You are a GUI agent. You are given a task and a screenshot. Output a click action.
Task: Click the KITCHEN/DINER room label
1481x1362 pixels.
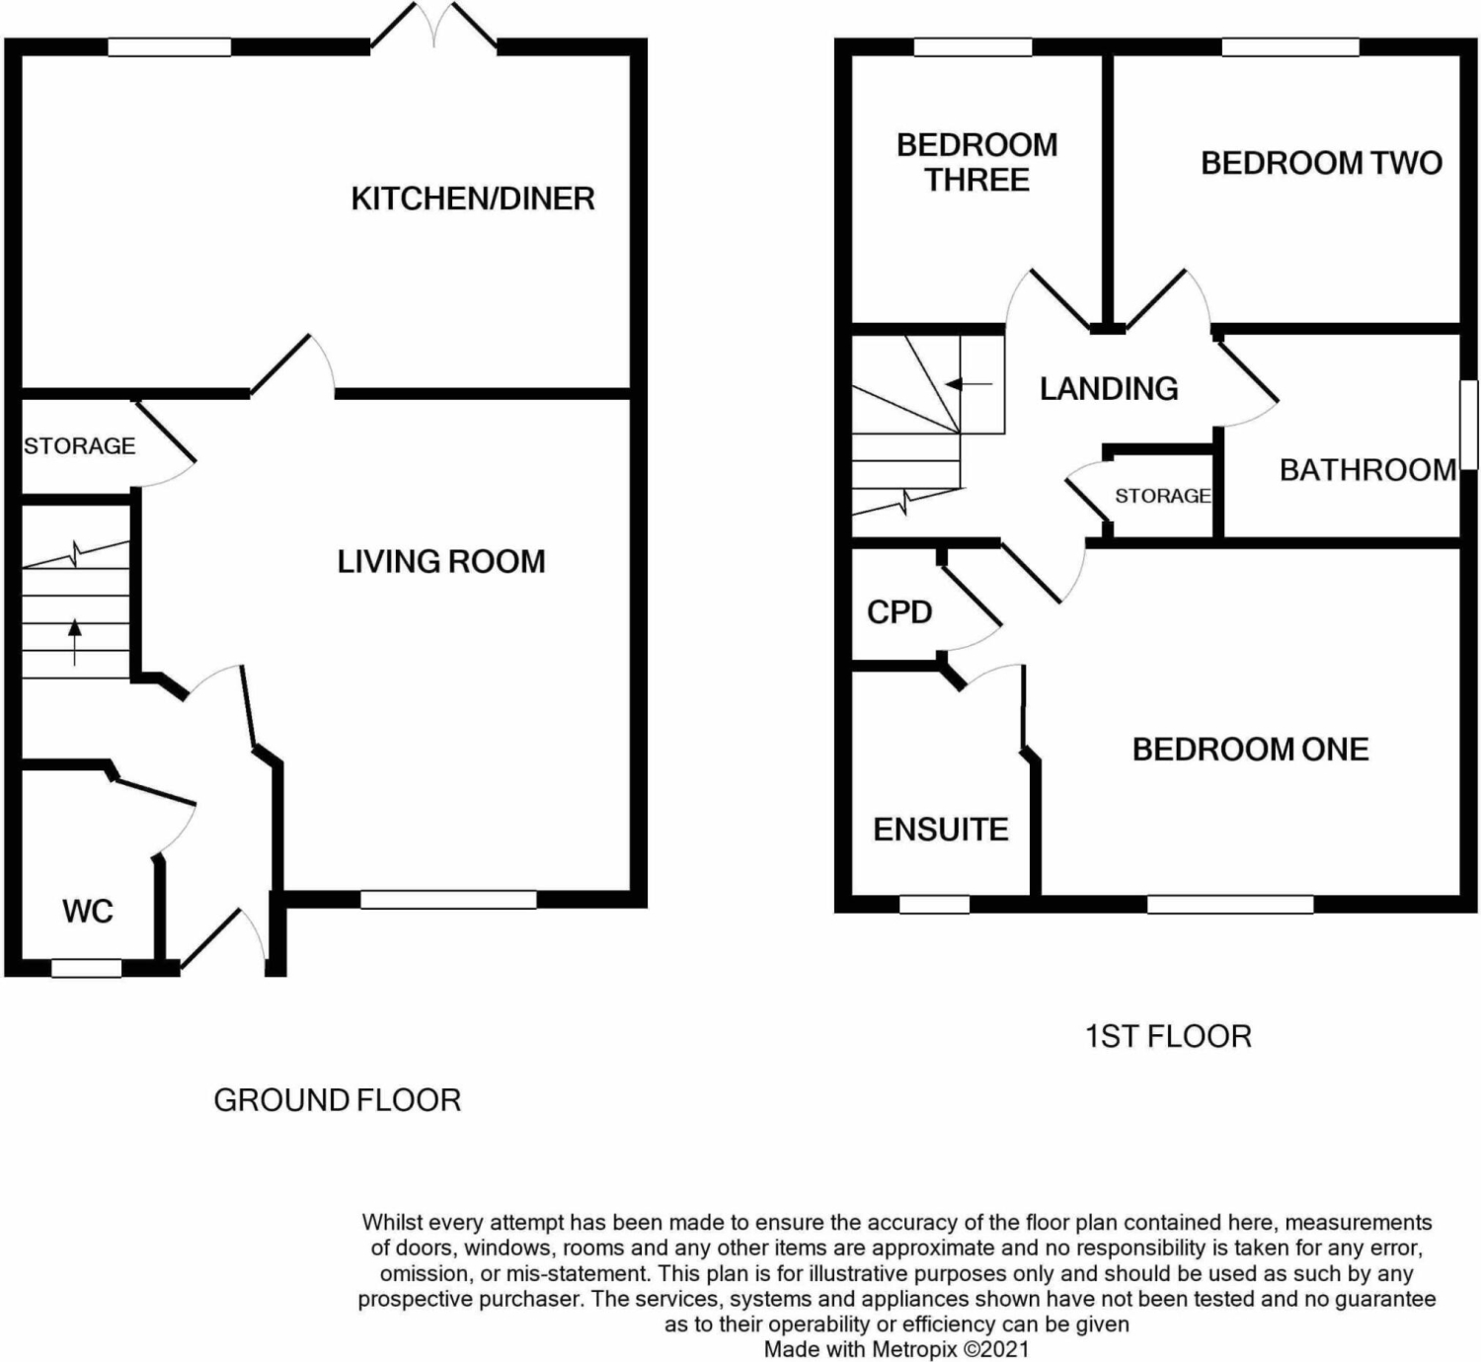point(473,199)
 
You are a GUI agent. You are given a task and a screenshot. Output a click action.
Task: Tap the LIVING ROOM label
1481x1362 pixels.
point(440,562)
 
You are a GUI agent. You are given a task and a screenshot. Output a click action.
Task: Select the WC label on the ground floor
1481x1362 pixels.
point(88,912)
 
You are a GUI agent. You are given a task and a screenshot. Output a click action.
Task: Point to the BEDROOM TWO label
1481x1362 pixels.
point(1321,163)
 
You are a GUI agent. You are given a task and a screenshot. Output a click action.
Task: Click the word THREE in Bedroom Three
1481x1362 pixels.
point(976,180)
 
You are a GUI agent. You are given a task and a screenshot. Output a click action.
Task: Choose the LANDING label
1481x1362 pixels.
point(1108,388)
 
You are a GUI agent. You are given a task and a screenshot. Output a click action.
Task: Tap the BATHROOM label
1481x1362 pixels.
point(1367,470)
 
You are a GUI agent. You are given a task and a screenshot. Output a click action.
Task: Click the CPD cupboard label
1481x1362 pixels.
point(898,611)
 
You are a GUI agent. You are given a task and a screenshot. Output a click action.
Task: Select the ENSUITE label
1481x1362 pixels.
point(940,830)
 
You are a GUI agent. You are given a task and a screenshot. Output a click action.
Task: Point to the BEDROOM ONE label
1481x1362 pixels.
point(1250,749)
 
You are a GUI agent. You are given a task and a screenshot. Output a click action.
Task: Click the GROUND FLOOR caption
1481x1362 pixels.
point(337,1100)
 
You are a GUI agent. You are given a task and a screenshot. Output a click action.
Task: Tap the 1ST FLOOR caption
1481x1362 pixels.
point(1168,1036)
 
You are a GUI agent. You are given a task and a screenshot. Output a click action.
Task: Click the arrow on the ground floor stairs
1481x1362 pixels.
point(75,643)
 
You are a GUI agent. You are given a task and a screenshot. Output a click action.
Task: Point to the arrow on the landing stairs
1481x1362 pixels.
point(969,384)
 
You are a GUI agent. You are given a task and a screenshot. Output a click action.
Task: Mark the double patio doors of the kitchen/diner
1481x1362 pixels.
point(433,26)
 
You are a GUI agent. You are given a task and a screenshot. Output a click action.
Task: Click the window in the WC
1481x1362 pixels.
point(86,968)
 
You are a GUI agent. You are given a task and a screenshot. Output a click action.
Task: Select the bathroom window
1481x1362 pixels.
point(1469,425)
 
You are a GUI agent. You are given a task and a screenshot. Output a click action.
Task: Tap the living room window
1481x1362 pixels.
point(448,900)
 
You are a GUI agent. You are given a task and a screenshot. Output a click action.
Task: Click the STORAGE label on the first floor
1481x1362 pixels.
point(1162,496)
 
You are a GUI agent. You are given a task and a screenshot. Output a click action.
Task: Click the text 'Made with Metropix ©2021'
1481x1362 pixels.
point(896,1349)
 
